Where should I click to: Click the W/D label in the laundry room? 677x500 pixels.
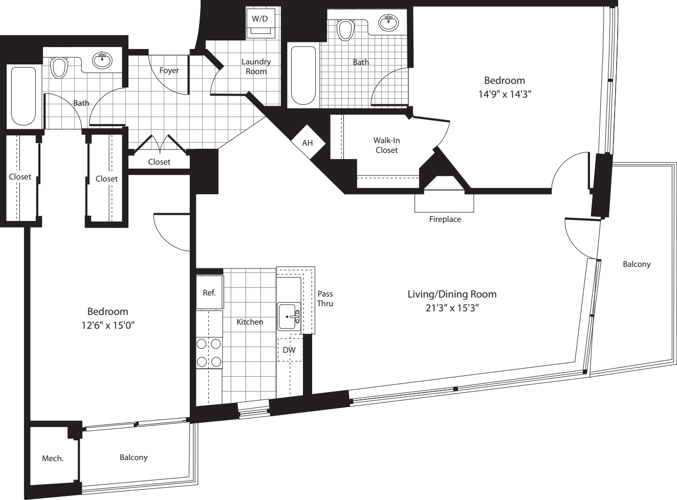[260, 18]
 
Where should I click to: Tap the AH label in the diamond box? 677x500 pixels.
[307, 143]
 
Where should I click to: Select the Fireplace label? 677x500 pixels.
[445, 219]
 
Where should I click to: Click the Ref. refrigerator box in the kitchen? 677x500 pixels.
[209, 293]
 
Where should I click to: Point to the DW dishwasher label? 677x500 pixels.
[289, 350]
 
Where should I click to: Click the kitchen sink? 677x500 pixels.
[290, 317]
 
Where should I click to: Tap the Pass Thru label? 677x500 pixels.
[325, 299]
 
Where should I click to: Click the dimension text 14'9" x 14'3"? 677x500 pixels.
[505, 94]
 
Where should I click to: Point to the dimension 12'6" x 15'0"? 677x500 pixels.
[107, 325]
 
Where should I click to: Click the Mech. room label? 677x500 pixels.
[53, 459]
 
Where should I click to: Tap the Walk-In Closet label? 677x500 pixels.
[386, 145]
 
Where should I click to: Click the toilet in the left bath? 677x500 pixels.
[59, 67]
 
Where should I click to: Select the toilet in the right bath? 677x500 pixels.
[346, 29]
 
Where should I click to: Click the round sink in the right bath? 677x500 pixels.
[389, 22]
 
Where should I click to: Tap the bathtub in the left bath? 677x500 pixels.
[24, 95]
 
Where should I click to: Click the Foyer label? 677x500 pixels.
[169, 71]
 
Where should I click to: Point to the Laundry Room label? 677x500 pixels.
[256, 66]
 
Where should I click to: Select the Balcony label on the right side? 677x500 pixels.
[637, 264]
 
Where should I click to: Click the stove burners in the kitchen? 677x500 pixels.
[209, 353]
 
